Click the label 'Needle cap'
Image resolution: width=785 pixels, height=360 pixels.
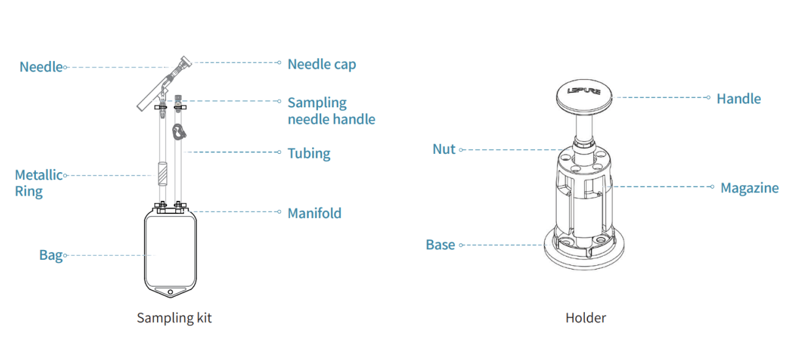click(x=321, y=64)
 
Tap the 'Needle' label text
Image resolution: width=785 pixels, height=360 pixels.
click(x=41, y=67)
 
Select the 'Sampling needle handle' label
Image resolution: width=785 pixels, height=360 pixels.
click(x=331, y=111)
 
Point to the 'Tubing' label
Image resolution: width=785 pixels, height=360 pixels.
click(x=309, y=154)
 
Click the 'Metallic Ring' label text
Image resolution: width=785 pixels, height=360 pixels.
click(x=39, y=183)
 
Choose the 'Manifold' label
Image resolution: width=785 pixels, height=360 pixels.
click(x=314, y=213)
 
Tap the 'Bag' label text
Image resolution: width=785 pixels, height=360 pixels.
click(x=50, y=255)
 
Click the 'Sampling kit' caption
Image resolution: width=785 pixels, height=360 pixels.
click(x=174, y=318)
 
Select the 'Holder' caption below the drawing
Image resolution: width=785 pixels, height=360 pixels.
click(x=585, y=318)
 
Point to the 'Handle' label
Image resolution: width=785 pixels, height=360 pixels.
click(x=739, y=99)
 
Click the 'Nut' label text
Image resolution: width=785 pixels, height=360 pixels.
click(x=444, y=149)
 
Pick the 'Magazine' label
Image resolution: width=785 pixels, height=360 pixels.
click(x=749, y=188)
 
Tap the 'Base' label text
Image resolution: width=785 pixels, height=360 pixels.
click(x=440, y=245)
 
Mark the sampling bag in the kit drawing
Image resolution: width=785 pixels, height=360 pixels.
click(x=170, y=252)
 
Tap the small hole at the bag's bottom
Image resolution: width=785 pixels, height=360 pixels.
click(x=170, y=291)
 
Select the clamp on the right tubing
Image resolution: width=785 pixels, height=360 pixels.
click(x=177, y=132)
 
